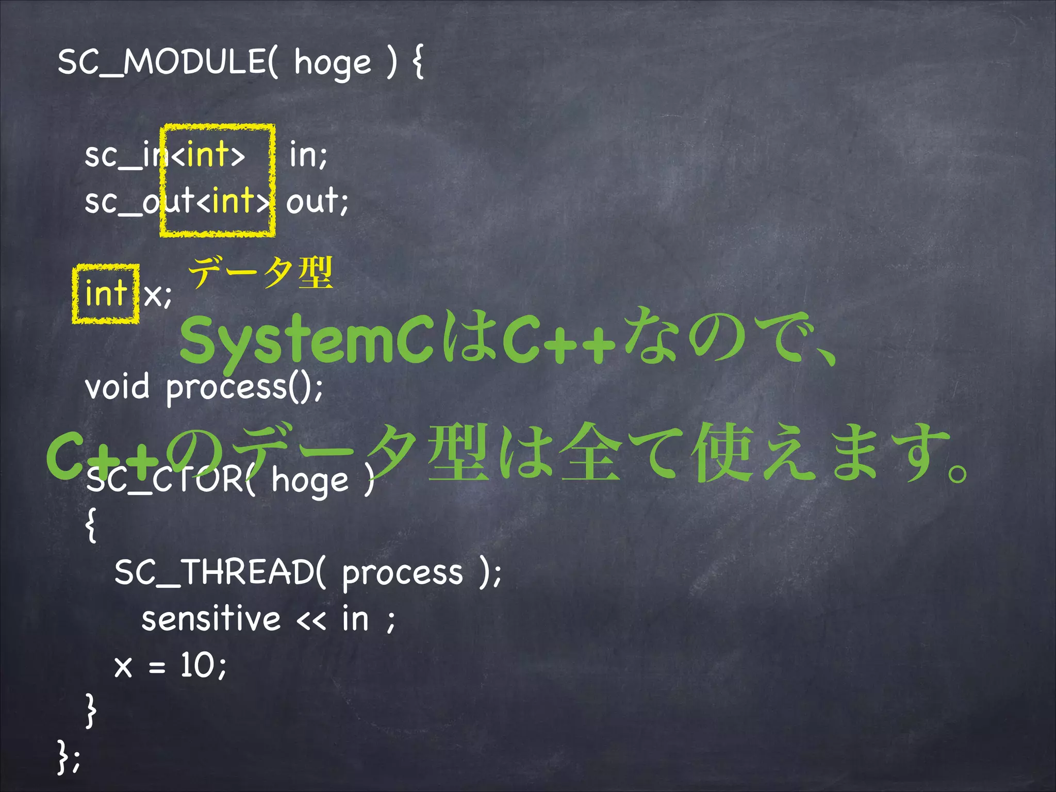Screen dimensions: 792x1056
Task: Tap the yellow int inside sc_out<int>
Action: pos(233,201)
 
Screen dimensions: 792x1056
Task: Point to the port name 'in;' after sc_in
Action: pos(308,154)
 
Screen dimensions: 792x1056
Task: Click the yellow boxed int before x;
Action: pos(106,293)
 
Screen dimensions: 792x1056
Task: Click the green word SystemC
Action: pos(306,340)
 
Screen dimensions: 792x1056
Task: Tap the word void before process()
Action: pos(117,387)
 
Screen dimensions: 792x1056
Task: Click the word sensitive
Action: pos(211,619)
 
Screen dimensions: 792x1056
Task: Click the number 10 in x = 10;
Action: pos(196,665)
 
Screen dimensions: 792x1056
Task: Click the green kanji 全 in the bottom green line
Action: pos(591,451)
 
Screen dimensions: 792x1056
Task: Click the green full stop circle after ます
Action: pos(958,472)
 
